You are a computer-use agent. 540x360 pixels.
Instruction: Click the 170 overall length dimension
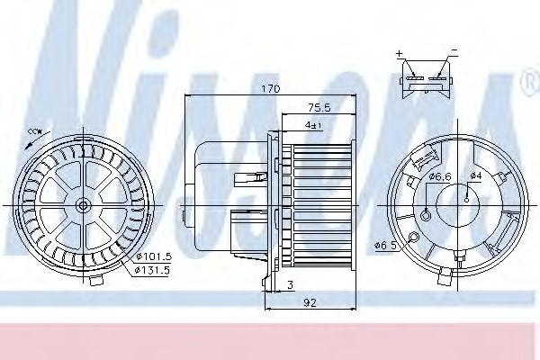coord(271,89)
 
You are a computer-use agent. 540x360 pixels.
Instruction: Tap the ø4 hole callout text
coord(477,175)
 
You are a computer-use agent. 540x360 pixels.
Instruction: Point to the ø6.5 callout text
coord(384,245)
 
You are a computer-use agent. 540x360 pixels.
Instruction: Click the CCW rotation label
coord(35,133)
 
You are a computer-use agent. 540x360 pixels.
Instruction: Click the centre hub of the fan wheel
coord(83,205)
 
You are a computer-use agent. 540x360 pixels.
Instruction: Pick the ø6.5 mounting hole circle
coord(412,238)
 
